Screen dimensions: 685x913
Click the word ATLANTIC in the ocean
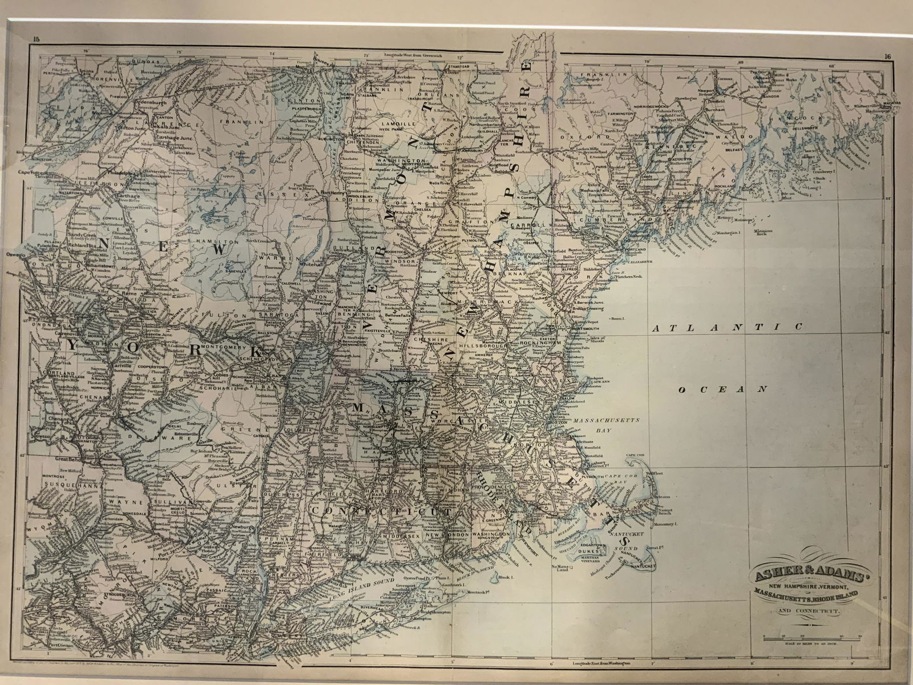(x=728, y=327)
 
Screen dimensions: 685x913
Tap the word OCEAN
(x=721, y=389)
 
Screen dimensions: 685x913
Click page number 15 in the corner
(x=36, y=39)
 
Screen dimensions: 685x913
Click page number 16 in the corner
(x=886, y=56)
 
